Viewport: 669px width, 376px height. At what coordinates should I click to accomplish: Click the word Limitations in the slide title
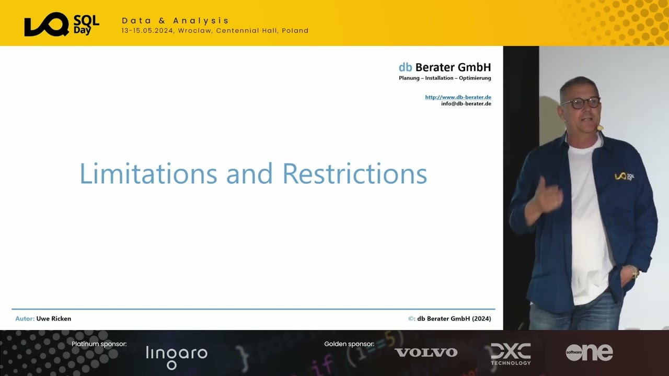tap(148, 174)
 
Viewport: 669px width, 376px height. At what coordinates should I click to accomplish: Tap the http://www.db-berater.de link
tap(458, 97)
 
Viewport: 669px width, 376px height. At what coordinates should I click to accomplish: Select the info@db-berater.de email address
tap(466, 103)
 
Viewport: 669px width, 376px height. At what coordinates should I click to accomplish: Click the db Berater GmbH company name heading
tap(444, 67)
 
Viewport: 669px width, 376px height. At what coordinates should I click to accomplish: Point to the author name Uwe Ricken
tap(54, 319)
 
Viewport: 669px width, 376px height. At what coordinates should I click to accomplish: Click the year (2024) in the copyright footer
tap(481, 319)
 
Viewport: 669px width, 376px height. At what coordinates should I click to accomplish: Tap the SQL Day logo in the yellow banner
tap(62, 25)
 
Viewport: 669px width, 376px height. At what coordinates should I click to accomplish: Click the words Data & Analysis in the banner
tap(176, 20)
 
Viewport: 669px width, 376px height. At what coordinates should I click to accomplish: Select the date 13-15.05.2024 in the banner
tap(148, 31)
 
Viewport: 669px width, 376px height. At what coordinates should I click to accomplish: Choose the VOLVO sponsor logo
tap(426, 352)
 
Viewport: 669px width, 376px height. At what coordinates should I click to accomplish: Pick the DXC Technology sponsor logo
tap(511, 354)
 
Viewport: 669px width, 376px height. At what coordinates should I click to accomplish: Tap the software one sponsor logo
tap(589, 352)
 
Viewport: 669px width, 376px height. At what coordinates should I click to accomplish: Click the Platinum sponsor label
tap(99, 344)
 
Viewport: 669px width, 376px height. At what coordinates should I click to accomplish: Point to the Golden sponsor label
tap(349, 344)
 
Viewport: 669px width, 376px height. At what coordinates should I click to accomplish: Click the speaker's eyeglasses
tap(581, 102)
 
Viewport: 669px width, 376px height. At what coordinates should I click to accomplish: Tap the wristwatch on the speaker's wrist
tap(634, 272)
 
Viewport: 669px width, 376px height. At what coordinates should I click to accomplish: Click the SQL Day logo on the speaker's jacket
tap(624, 177)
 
